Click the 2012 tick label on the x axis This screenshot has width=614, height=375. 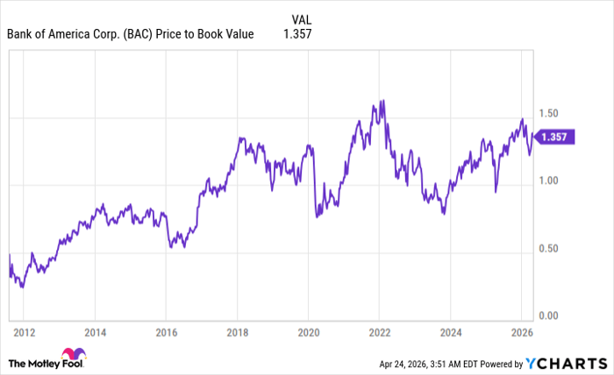[25, 333]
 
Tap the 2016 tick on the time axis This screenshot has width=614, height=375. [166, 333]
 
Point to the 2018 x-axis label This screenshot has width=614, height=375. [237, 333]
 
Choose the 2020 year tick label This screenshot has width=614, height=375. [308, 333]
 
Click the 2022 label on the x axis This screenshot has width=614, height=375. [379, 333]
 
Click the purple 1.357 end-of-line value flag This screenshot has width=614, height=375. [555, 136]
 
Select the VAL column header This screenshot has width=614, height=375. [301, 18]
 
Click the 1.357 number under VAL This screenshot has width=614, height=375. [298, 34]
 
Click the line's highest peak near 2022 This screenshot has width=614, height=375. [382, 101]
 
